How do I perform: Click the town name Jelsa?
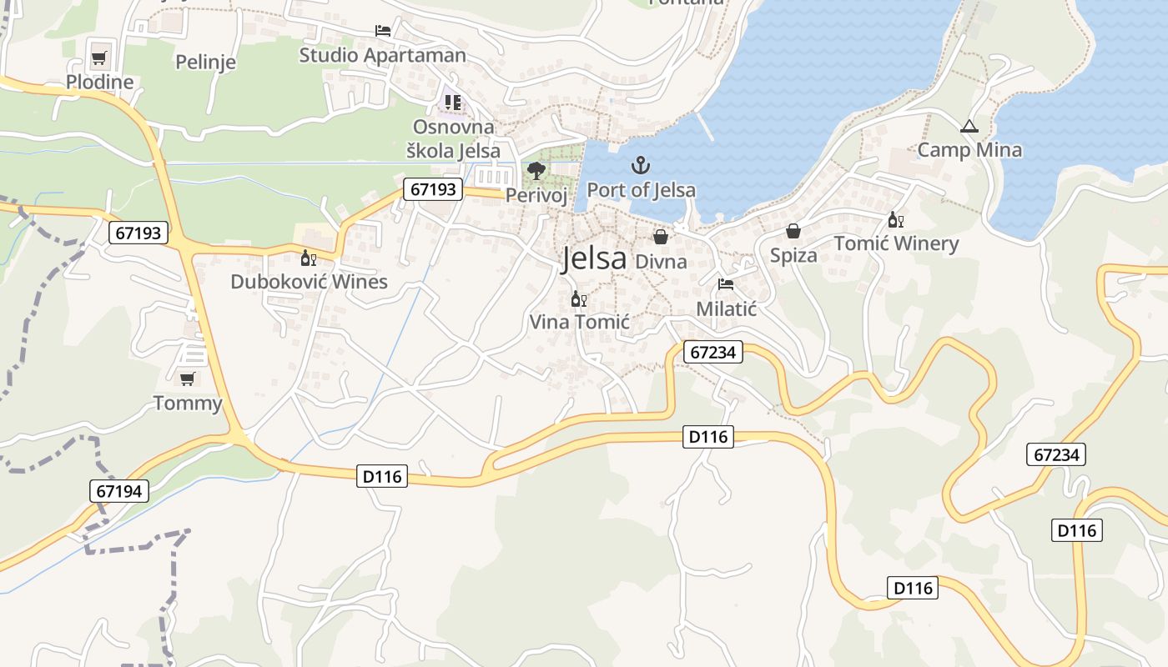593,258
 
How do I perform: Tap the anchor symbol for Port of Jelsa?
641,164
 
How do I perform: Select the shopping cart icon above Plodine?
99,58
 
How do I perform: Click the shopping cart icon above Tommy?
188,379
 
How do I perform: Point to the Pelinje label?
205,62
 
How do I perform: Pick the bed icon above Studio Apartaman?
383,31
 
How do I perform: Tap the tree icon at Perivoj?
536,172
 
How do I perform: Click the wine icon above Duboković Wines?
309,258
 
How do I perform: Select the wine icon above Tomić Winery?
896,220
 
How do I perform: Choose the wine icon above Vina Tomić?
578,298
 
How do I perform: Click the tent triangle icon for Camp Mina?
969,127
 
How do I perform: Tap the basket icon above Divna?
661,238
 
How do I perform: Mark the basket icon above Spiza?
793,231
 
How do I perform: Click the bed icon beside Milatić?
726,284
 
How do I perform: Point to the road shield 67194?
119,491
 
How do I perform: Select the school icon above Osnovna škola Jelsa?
453,103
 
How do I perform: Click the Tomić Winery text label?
897,243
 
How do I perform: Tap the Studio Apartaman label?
383,55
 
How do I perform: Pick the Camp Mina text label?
969,150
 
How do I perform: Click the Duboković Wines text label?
309,282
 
